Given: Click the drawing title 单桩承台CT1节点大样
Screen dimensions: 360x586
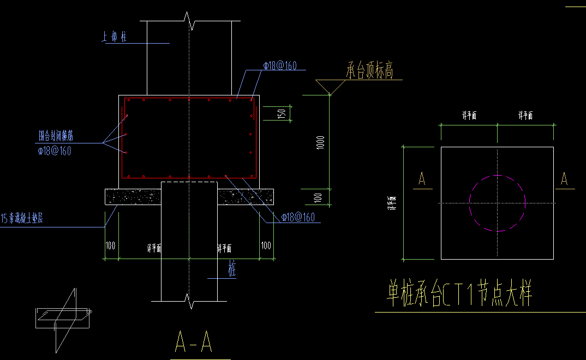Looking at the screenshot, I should coord(459,295).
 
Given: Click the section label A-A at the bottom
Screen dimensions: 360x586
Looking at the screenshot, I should coord(194,341).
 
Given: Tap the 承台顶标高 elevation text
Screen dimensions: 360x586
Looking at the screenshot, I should coord(369,71).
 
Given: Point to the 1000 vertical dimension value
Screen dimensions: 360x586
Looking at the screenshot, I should coord(321,143).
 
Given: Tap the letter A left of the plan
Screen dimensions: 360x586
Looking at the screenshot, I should coord(421,179).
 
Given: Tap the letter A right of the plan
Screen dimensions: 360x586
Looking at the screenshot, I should coord(564,179).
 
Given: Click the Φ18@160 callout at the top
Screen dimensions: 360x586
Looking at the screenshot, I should coord(280,65).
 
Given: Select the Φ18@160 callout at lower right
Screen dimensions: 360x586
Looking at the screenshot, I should coord(298,218).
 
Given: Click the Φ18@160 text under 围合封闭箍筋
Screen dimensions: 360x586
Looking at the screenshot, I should coord(55,151).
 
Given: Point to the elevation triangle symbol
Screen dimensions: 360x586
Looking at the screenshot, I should coord(330,87).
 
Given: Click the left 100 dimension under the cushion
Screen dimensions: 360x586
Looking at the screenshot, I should coord(111,246).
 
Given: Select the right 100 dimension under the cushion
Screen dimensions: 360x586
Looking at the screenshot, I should coord(266,246).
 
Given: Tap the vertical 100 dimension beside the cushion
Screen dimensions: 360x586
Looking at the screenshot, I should coord(319,196).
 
